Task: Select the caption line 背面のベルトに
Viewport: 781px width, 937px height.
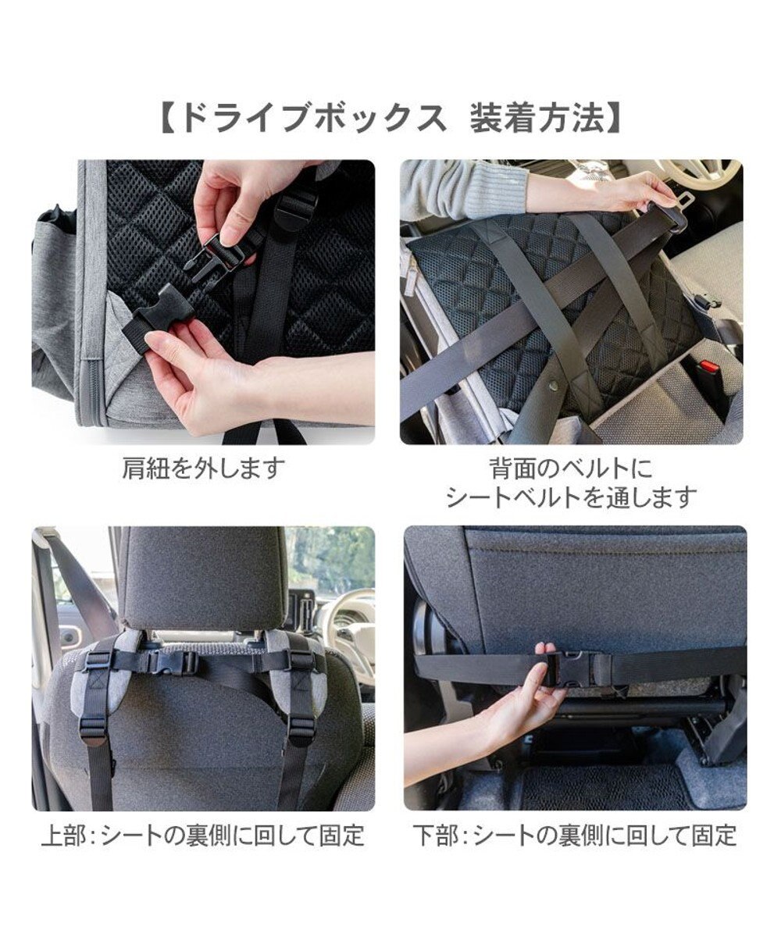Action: click(x=571, y=468)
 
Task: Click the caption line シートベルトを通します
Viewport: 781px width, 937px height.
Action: click(x=571, y=497)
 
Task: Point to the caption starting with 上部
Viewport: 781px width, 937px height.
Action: click(x=203, y=835)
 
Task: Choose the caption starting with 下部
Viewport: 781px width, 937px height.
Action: click(x=575, y=835)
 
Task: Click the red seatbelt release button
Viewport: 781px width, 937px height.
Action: click(x=708, y=366)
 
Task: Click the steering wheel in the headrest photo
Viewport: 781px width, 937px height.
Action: click(x=344, y=625)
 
